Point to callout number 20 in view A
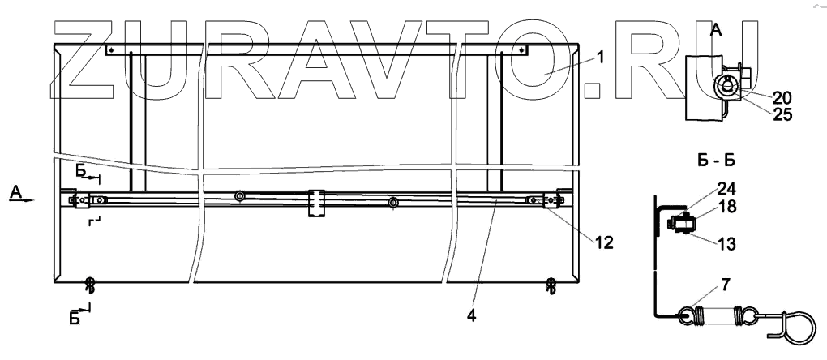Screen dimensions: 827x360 [782, 98]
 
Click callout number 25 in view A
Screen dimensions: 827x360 [782, 114]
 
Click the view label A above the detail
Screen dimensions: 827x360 [716, 31]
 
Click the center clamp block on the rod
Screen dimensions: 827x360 [315, 202]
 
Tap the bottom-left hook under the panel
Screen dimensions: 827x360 [90, 285]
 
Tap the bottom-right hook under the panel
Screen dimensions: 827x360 [551, 285]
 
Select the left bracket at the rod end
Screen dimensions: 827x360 [82, 199]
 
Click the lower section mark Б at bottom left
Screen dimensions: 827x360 [75, 317]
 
